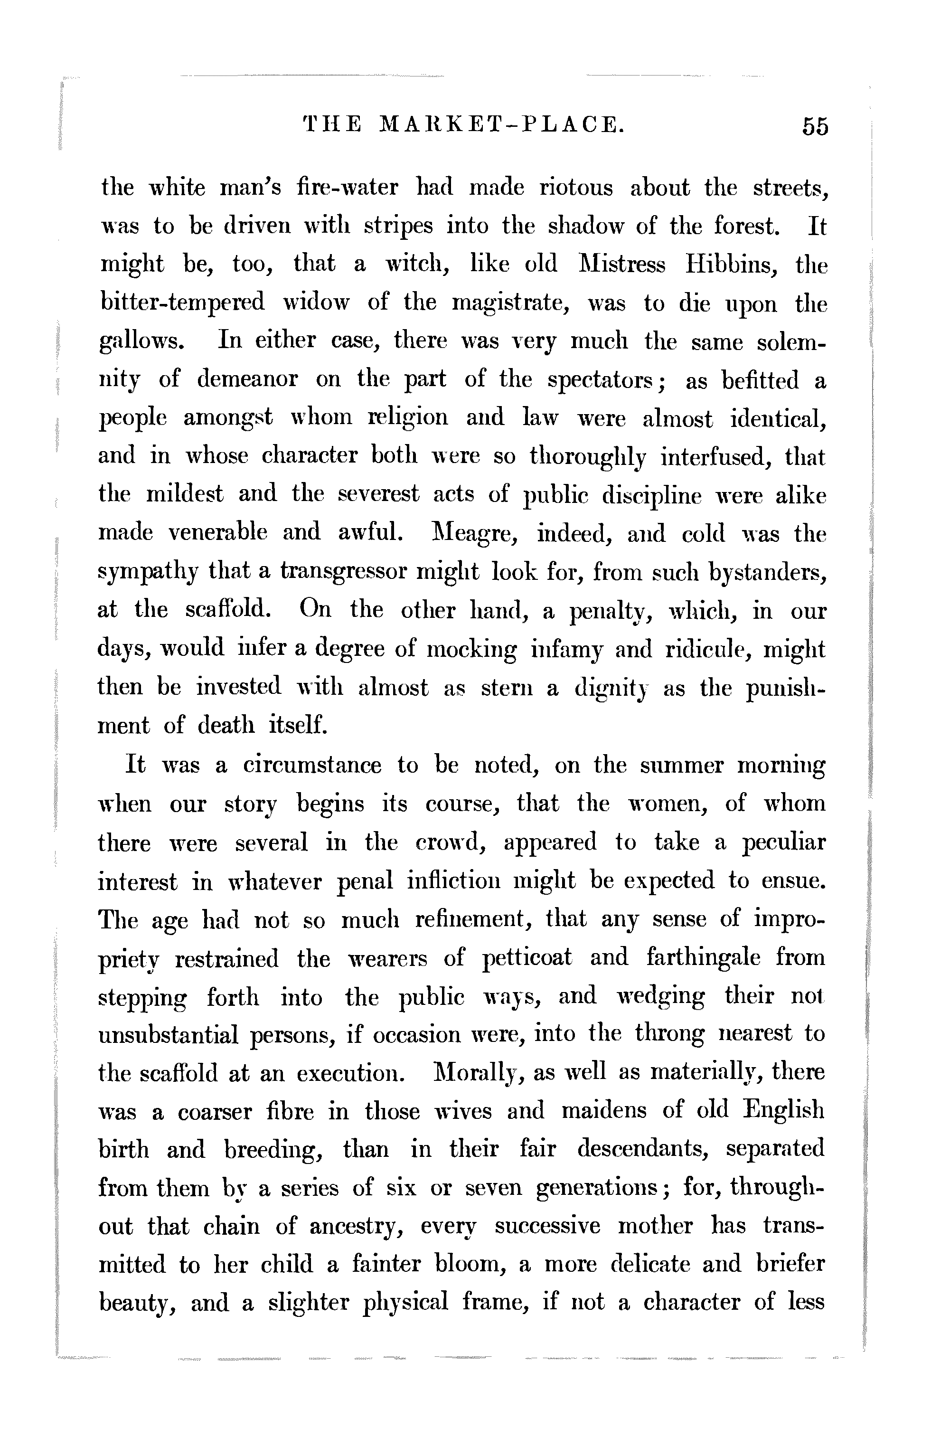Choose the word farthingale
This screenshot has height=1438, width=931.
[x=701, y=958]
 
